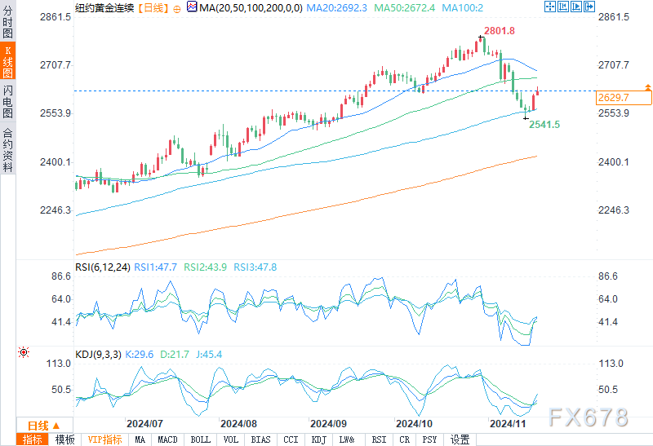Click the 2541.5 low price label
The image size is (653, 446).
(x=544, y=125)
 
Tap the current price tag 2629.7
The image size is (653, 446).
(x=613, y=98)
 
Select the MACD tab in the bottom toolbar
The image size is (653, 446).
(x=167, y=439)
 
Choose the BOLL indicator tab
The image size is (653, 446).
(x=200, y=439)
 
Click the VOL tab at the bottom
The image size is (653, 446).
(x=232, y=439)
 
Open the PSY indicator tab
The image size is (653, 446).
(x=429, y=439)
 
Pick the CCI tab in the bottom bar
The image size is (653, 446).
(x=291, y=439)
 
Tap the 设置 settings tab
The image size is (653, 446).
(x=460, y=439)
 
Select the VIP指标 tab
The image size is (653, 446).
(x=105, y=439)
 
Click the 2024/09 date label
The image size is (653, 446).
(x=328, y=424)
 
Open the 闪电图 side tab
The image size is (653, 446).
(x=7, y=102)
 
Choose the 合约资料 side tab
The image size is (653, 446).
(x=7, y=150)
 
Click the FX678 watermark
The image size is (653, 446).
(x=590, y=417)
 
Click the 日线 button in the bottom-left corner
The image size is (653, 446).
(x=42, y=425)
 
